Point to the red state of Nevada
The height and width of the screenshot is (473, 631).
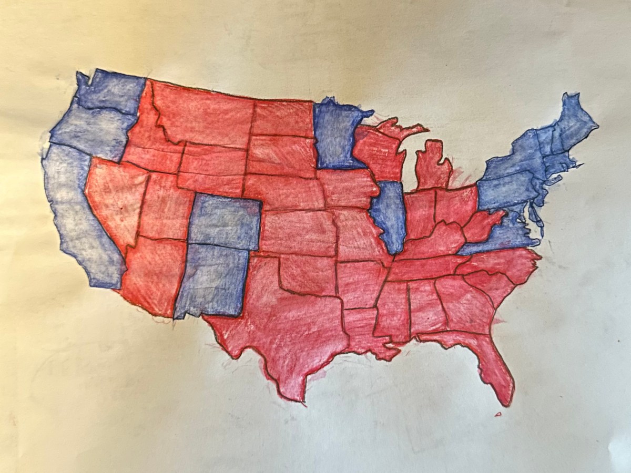tap(113, 200)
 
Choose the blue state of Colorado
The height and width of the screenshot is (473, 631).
tap(223, 221)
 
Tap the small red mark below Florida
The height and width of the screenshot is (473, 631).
tap(497, 414)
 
